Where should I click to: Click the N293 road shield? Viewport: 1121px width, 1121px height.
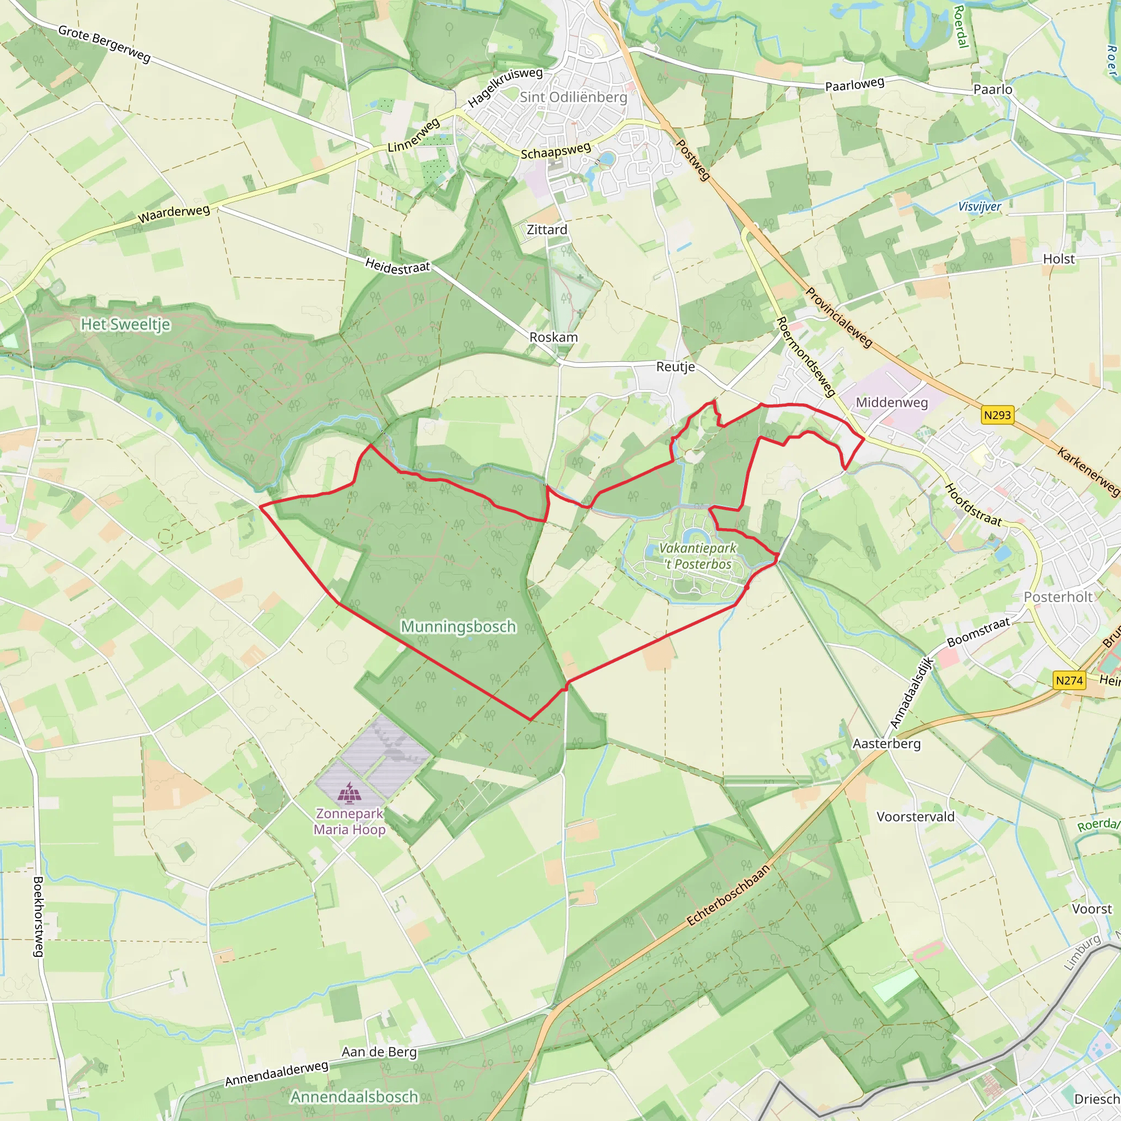pyautogui.click(x=997, y=415)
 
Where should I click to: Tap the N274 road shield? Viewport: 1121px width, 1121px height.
pyautogui.click(x=1069, y=680)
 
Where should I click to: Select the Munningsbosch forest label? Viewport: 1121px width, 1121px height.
pyautogui.click(x=458, y=627)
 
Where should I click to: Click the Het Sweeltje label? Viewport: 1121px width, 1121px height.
pyautogui.click(x=125, y=324)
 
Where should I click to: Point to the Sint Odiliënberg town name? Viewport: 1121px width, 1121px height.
pyautogui.click(x=573, y=97)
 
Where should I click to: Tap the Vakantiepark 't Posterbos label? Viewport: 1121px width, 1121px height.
pyautogui.click(x=697, y=556)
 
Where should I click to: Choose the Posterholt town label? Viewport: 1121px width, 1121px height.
pyautogui.click(x=1058, y=597)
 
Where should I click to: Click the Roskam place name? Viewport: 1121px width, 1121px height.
pyautogui.click(x=553, y=337)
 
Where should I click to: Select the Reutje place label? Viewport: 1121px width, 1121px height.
pyautogui.click(x=675, y=367)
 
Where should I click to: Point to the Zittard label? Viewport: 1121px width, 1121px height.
pyautogui.click(x=547, y=230)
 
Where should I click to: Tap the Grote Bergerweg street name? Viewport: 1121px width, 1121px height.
pyautogui.click(x=105, y=44)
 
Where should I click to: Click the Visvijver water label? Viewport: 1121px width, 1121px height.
pyautogui.click(x=979, y=206)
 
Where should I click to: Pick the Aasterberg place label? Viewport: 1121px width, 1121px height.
pyautogui.click(x=886, y=744)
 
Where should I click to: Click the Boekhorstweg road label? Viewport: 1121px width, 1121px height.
pyautogui.click(x=38, y=916)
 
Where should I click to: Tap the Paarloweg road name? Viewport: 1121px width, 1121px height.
pyautogui.click(x=854, y=85)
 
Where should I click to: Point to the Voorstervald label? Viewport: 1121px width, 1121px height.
pyautogui.click(x=915, y=817)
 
